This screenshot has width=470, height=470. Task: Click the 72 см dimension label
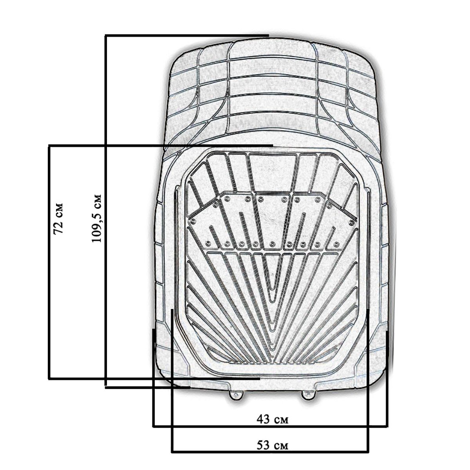point(58,218)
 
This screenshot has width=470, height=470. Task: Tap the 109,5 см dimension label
point(97,218)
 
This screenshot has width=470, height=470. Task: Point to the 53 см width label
point(273,445)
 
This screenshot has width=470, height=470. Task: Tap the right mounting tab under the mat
point(309,395)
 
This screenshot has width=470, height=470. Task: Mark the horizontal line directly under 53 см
point(270,459)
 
